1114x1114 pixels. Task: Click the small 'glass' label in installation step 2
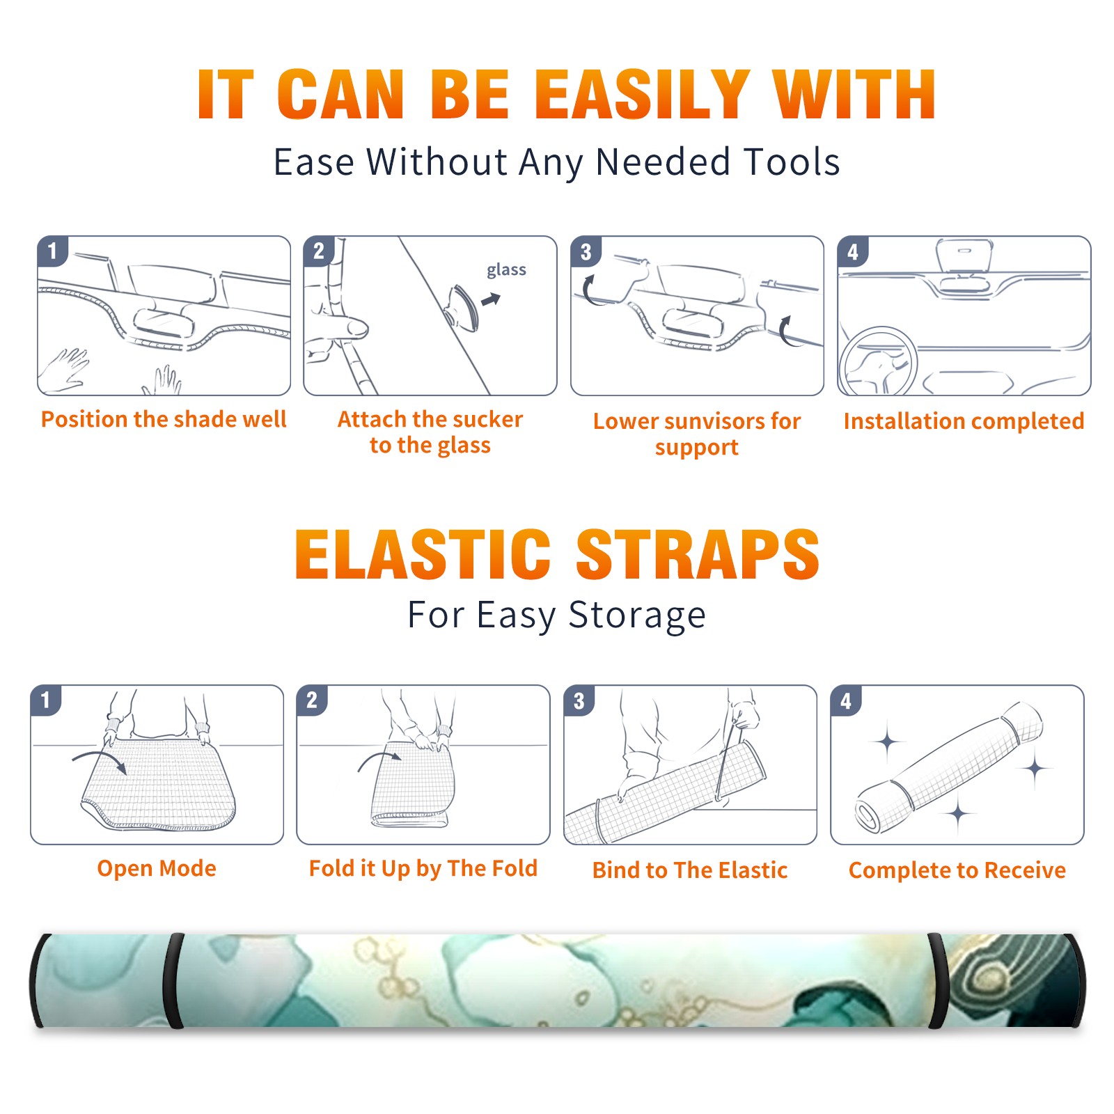[x=506, y=270]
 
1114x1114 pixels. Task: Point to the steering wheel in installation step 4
[x=879, y=362]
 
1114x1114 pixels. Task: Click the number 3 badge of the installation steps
[x=586, y=251]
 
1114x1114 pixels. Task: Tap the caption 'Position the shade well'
[x=164, y=419]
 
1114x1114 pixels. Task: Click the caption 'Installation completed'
[x=964, y=421]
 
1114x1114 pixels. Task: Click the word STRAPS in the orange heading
[x=698, y=554]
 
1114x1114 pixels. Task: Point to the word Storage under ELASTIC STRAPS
[x=637, y=615]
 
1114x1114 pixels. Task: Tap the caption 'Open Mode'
[x=157, y=868]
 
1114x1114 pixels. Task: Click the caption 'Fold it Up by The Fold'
[x=423, y=868]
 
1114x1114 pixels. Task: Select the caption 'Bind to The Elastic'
[x=690, y=870]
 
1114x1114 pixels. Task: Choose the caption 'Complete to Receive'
[x=957, y=870]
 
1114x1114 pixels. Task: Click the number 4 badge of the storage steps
[x=846, y=700]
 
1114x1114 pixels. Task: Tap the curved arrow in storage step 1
[x=100, y=758]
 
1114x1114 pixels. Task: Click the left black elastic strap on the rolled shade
[x=173, y=980]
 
